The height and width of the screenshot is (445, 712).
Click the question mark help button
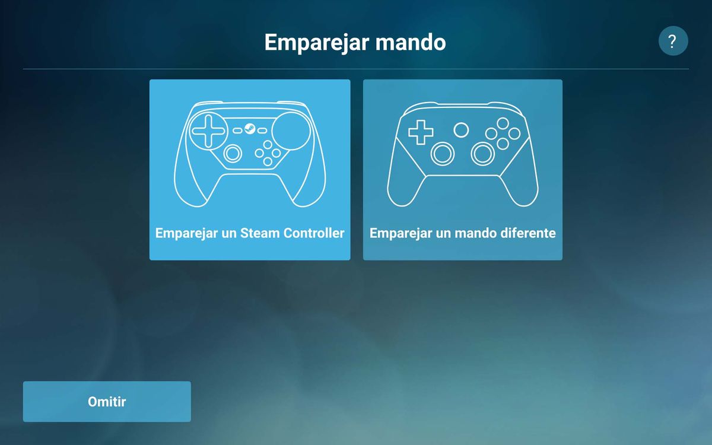pos(673,42)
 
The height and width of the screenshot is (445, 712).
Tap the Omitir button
pos(107,402)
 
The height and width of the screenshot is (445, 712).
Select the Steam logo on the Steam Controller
pos(249,129)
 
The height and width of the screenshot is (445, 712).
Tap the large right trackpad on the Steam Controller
pos(292,131)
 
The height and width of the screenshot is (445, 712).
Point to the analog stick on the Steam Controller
pos(233,153)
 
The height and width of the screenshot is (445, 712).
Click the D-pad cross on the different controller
pos(421,132)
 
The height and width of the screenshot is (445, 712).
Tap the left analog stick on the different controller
pos(442,154)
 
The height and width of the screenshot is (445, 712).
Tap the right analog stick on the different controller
pos(483,154)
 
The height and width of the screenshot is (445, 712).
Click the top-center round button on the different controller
pos(461,129)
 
